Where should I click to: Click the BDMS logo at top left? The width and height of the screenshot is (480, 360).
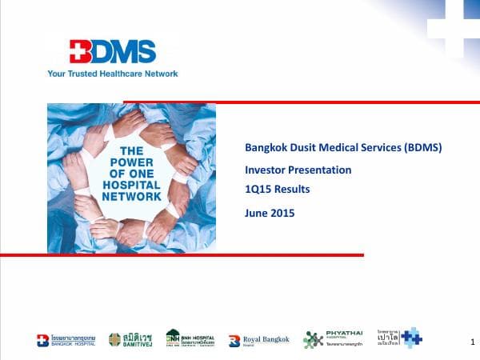(x=113, y=53)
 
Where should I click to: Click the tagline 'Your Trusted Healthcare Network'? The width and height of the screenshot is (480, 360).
(x=113, y=74)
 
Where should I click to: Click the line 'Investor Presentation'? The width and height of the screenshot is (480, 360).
(x=298, y=170)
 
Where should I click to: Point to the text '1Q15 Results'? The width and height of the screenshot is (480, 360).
(x=277, y=190)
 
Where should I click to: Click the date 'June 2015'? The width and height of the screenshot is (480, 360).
(x=270, y=214)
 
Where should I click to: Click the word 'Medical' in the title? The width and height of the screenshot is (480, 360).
(x=337, y=148)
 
